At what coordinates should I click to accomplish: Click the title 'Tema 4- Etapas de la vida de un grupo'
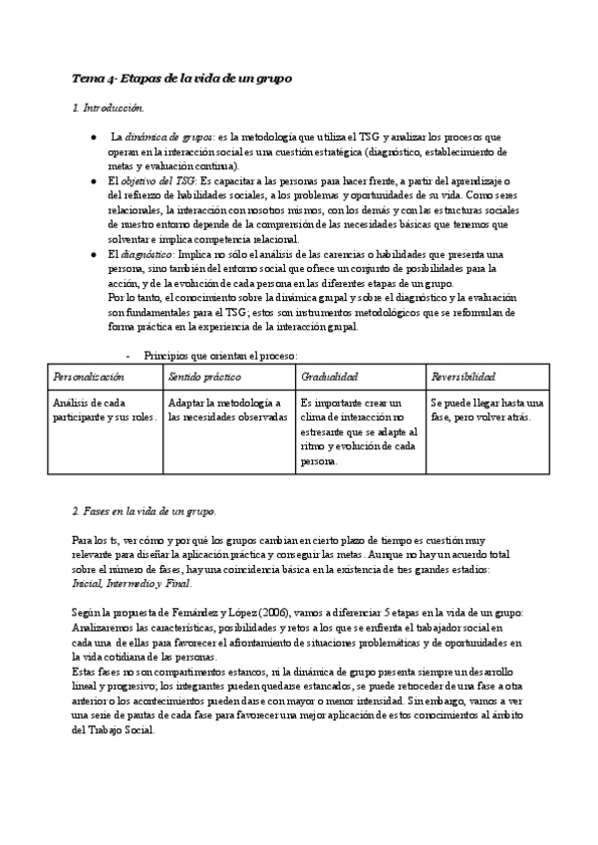click(x=181, y=78)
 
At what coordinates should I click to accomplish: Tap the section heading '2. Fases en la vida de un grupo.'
click(x=144, y=511)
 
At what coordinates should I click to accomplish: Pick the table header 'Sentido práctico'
click(x=205, y=377)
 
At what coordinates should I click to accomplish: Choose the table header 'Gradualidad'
click(x=329, y=377)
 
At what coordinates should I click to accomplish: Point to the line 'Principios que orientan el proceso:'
click(x=220, y=355)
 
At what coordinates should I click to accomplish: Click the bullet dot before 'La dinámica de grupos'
click(x=93, y=136)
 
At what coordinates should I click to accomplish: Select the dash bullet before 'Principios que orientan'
click(x=129, y=355)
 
